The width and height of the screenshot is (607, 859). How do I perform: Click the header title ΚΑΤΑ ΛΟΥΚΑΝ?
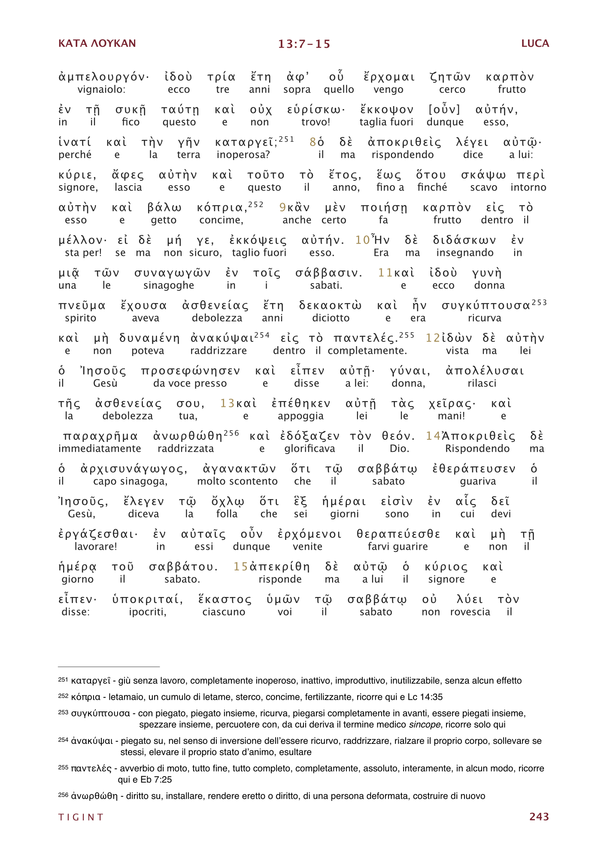tap(97, 43)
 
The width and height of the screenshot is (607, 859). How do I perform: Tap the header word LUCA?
tap(535, 43)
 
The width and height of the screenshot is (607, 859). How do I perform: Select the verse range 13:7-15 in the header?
tap(304, 44)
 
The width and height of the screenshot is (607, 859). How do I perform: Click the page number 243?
tap(539, 816)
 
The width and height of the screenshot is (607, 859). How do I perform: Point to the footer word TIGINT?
tap(81, 817)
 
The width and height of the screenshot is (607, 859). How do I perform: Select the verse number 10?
tap(362, 240)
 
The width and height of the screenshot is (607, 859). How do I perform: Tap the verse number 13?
tap(227, 403)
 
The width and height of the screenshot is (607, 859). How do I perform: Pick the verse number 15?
tap(240, 567)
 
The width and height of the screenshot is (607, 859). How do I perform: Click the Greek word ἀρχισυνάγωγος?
tap(134, 469)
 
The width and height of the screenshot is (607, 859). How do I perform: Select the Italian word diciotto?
tap(331, 318)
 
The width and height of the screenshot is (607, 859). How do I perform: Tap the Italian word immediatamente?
tap(100, 448)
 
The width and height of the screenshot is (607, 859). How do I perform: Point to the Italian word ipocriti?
tap(147, 612)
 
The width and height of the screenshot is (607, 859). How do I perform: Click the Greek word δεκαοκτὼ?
tap(330, 305)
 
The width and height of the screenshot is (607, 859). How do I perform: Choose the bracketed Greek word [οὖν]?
tap(444, 110)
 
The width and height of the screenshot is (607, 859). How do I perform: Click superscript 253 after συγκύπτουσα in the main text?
tap(539, 302)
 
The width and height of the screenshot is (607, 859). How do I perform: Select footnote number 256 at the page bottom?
tap(63, 795)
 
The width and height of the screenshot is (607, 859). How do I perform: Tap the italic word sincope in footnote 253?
tap(424, 725)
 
